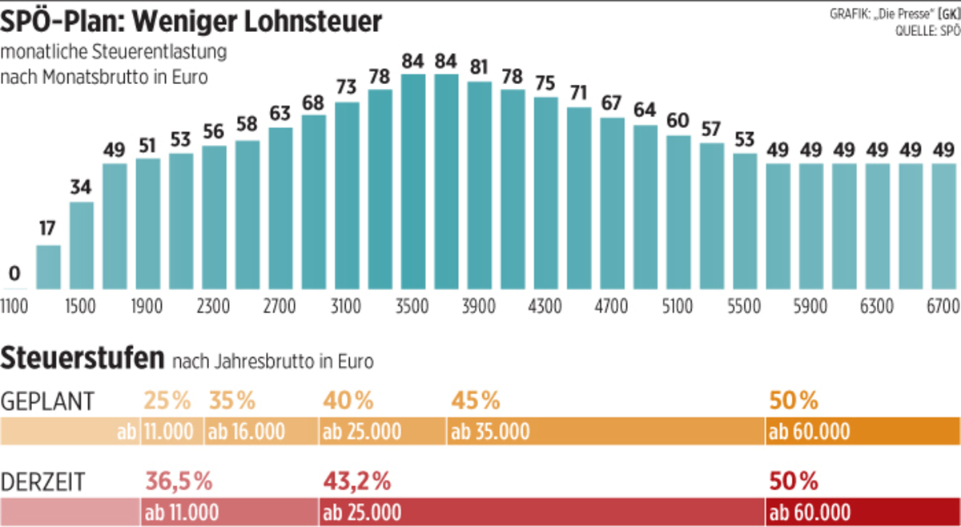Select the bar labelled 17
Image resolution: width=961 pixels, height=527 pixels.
pos(48,267)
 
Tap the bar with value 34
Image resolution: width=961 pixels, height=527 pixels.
pos(81,245)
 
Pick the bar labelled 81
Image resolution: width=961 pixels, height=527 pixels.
pos(479,185)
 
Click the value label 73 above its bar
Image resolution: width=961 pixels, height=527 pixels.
pos(346,86)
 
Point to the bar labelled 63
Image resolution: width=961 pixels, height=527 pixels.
pos(280,208)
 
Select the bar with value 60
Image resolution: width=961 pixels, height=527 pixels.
pos(678,212)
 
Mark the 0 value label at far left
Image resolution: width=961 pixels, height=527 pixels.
pos(14,273)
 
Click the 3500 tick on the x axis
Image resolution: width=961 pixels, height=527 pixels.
pos(412,306)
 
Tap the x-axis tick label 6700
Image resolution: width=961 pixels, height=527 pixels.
pos(942,306)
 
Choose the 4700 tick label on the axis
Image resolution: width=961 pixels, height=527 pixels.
pos(613,306)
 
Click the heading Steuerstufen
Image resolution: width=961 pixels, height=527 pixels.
pos(84,358)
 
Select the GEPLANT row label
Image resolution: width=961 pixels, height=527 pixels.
pos(49,400)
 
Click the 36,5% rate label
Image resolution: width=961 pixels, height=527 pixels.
pos(179,481)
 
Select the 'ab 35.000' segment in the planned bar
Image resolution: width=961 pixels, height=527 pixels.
pos(490,432)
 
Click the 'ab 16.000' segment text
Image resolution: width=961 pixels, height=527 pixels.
pos(247,432)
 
